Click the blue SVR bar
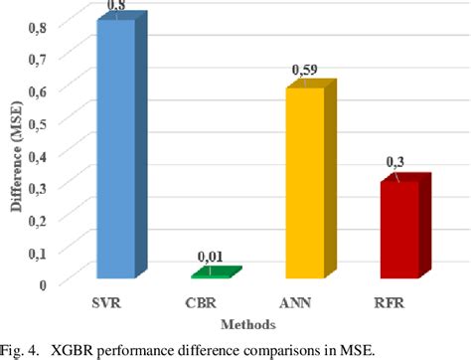(115, 149)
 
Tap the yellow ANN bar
(304, 183)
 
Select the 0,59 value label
(303, 71)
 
